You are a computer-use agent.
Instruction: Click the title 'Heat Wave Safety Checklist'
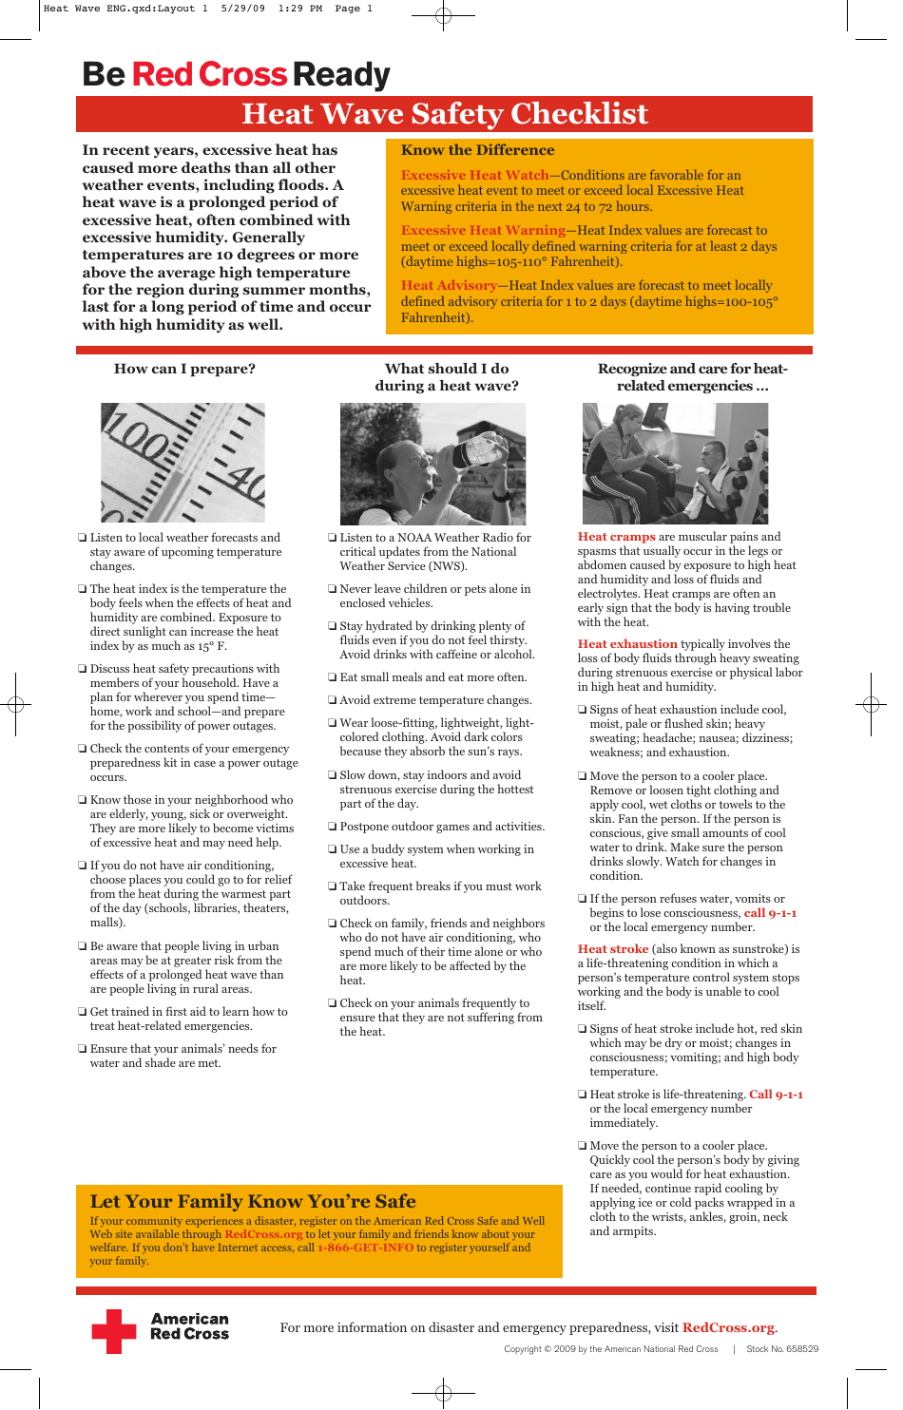pyautogui.click(x=444, y=114)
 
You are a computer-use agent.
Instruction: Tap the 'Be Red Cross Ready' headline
pyautogui.click(x=236, y=74)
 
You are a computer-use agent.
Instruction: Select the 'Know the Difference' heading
pyautogui.click(x=477, y=150)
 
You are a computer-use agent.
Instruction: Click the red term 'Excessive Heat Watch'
pyautogui.click(x=474, y=175)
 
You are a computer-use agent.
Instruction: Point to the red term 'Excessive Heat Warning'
pyautogui.click(x=483, y=230)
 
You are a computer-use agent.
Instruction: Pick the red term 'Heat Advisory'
pyautogui.click(x=449, y=285)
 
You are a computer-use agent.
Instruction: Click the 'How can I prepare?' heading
pyautogui.click(x=184, y=369)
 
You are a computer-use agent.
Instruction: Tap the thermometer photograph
pyautogui.click(x=183, y=463)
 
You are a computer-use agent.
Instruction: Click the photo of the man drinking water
pyautogui.click(x=432, y=464)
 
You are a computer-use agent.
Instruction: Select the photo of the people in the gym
pyautogui.click(x=675, y=464)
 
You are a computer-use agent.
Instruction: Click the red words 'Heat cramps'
pyautogui.click(x=616, y=537)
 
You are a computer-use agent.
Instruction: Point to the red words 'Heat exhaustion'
pyautogui.click(x=627, y=644)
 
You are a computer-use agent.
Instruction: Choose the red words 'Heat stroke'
pyautogui.click(x=613, y=949)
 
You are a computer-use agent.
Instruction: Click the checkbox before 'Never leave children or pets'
pyautogui.click(x=333, y=590)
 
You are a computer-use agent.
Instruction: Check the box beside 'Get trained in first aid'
pyautogui.click(x=83, y=1013)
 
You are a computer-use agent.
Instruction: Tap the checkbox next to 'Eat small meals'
pyautogui.click(x=333, y=678)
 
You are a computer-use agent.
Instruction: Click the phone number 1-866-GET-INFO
pyautogui.click(x=365, y=1248)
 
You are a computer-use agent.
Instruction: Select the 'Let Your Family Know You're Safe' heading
pyautogui.click(x=253, y=1201)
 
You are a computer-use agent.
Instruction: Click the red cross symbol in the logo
pyautogui.click(x=114, y=1331)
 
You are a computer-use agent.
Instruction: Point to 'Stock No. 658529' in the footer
pyautogui.click(x=781, y=1349)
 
